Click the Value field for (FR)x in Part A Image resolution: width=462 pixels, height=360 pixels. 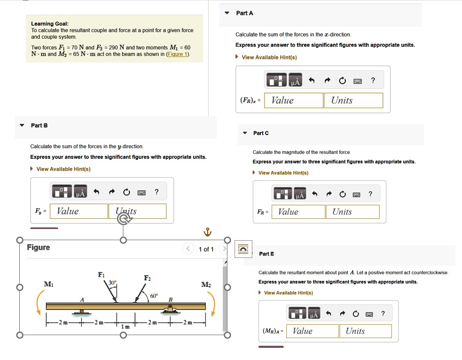pos(294,101)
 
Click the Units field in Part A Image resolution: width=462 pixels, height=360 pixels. pos(353,101)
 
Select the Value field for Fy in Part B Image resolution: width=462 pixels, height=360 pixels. pos(79,211)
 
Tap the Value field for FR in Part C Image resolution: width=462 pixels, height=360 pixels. pos(299,212)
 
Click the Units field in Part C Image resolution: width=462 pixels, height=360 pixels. pos(352,212)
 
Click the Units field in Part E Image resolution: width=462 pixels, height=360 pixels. pos(366,331)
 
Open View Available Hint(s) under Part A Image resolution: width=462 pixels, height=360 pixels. pos(269,57)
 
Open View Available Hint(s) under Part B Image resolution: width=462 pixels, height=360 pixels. pos(63,169)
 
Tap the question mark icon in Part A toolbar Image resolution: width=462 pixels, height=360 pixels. pos(373,80)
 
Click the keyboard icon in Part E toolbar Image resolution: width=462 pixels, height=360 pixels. pos(370,314)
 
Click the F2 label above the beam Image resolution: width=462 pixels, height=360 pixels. pos(148,278)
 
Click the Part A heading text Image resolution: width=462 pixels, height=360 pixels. pos(245,13)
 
